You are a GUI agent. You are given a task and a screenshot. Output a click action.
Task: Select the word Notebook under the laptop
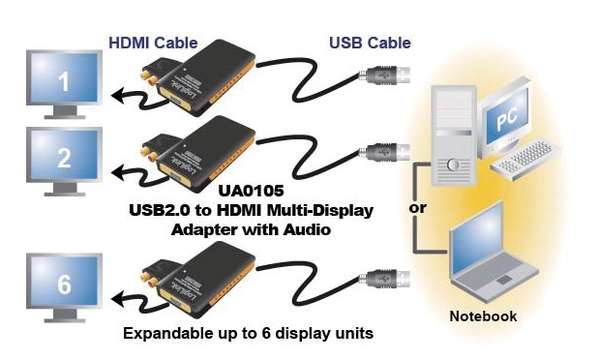pos(484,316)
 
